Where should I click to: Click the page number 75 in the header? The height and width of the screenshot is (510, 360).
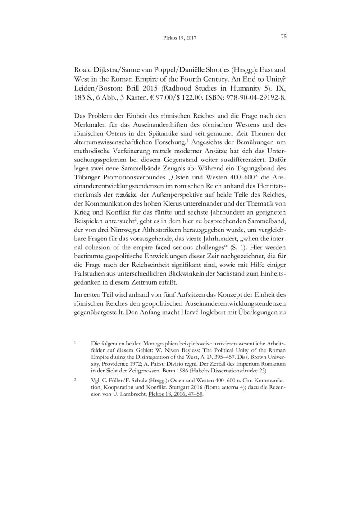click(284, 37)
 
